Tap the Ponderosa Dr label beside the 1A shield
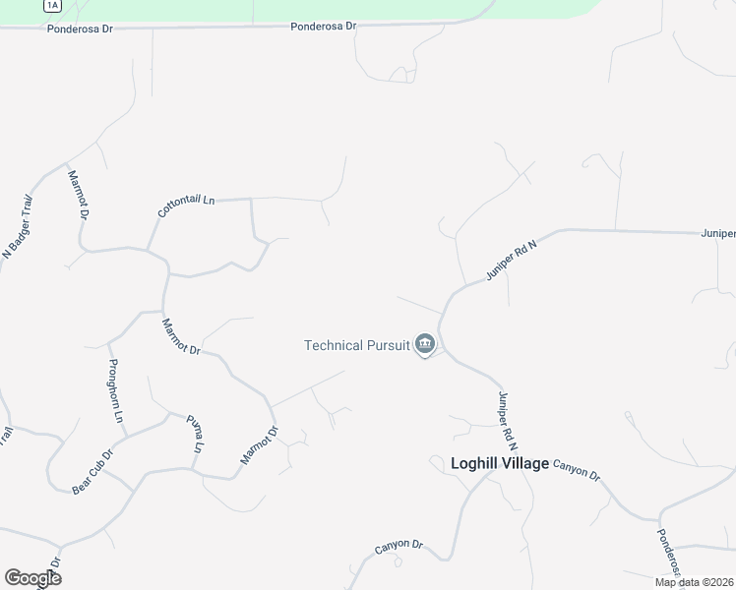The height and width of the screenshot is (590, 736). click(x=81, y=29)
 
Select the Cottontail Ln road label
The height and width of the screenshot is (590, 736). click(x=186, y=206)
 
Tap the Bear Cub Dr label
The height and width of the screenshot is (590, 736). click(x=93, y=472)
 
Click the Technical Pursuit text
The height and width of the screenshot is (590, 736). click(x=356, y=344)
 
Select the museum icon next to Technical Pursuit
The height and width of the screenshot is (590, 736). click(x=425, y=344)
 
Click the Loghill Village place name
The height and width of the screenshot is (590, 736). click(x=499, y=463)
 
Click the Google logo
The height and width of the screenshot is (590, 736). click(x=32, y=578)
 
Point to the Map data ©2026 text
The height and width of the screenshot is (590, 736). click(x=694, y=582)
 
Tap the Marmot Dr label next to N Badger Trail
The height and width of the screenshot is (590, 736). click(x=79, y=195)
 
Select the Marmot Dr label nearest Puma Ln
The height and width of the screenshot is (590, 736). click(x=260, y=445)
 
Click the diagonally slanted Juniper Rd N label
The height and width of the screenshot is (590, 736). click(x=512, y=261)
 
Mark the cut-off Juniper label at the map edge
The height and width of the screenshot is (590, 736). click(x=718, y=234)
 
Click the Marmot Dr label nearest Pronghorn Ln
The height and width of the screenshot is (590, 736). click(x=181, y=336)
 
